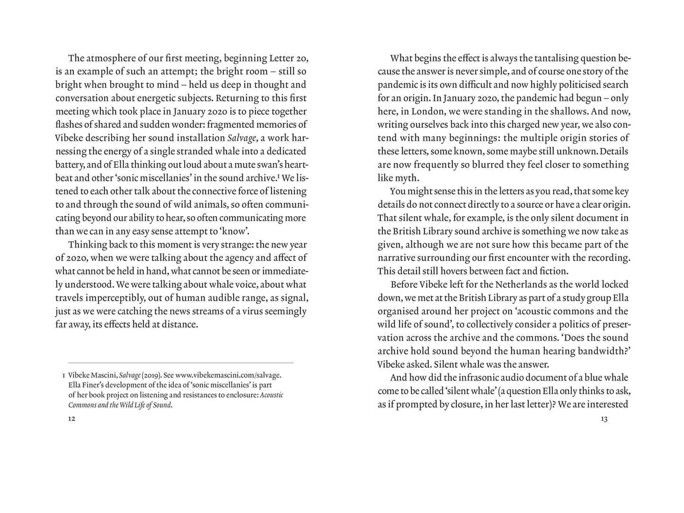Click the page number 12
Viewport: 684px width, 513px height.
coord(71,419)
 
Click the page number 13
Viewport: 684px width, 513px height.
coord(604,419)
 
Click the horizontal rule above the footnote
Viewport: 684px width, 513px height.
coord(181,363)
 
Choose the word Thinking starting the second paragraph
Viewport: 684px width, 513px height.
coord(88,245)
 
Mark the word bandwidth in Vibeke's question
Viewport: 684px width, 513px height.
coord(601,351)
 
